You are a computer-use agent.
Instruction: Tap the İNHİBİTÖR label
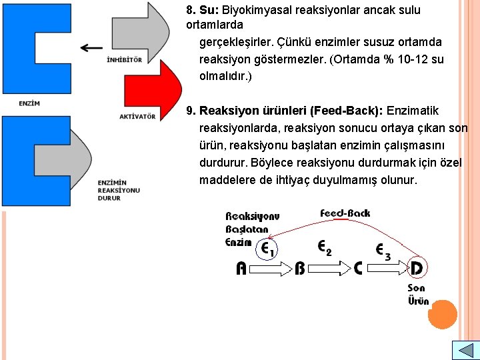124,59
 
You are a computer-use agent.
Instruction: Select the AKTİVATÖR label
137,117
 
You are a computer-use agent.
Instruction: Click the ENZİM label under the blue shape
29,103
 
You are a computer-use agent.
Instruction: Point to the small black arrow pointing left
91,47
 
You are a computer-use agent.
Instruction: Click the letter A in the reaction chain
242,269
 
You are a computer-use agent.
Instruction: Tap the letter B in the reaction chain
300,269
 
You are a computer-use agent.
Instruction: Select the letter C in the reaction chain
358,269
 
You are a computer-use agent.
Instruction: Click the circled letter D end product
417,268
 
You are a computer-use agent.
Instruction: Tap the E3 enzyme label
383,250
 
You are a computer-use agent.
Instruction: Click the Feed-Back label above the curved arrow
345,213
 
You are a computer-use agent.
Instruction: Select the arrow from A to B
271,269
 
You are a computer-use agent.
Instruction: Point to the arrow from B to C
329,269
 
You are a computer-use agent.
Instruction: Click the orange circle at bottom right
443,315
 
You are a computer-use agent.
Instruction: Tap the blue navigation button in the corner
465,350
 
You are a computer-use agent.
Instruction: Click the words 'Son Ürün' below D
418,294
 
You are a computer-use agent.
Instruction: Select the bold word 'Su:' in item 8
209,11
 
